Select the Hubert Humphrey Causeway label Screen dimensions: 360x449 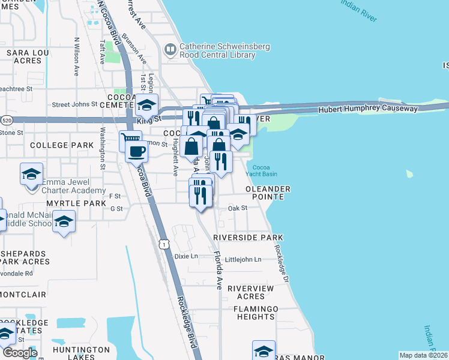(367, 109)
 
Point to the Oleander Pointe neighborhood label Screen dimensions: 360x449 (268, 193)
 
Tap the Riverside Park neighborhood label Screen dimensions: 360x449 (244, 238)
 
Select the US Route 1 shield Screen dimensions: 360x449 (163, 244)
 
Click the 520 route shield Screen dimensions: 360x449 (6, 120)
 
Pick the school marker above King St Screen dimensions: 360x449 (146, 106)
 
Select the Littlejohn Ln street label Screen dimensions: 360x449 (243, 259)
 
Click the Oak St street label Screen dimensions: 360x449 (238, 208)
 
